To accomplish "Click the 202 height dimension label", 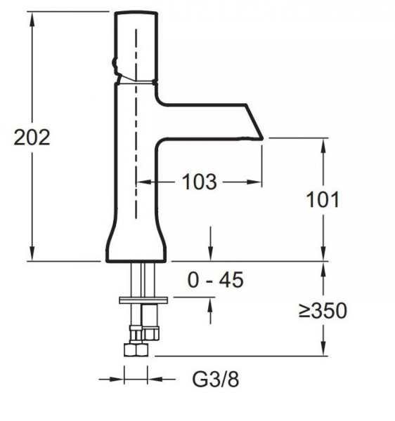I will pyautogui.click(x=32, y=137).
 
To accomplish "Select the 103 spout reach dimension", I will pyautogui.click(x=199, y=182).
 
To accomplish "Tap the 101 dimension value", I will pyautogui.click(x=323, y=199).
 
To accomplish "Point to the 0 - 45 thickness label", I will pyautogui.click(x=215, y=281).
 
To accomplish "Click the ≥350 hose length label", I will pyautogui.click(x=323, y=310).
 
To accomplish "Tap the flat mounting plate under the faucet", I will pyautogui.click(x=144, y=300).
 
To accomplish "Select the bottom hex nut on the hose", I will pyautogui.click(x=132, y=349).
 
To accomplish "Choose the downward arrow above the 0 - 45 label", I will pyautogui.click(x=210, y=254).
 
